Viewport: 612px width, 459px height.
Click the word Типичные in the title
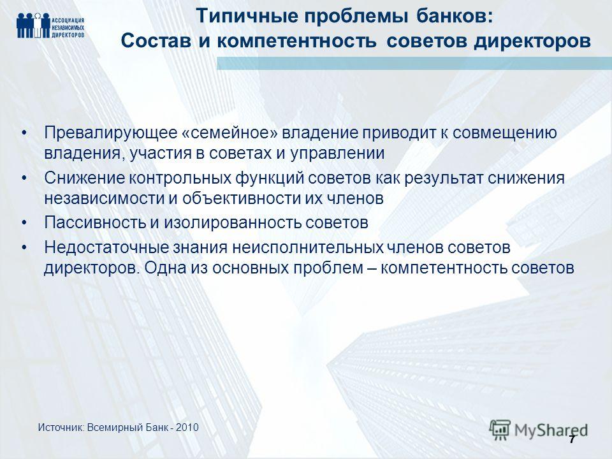point(247,17)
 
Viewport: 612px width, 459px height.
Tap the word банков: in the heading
point(455,17)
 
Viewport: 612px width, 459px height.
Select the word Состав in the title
point(156,41)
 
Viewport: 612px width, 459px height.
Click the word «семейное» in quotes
point(229,133)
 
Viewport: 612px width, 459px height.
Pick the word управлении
point(337,154)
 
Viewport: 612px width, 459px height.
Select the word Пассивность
point(94,223)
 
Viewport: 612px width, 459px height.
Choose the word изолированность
point(232,223)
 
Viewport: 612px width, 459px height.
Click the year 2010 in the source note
point(187,428)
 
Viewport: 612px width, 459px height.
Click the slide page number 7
point(572,439)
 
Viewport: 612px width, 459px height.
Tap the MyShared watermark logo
point(539,430)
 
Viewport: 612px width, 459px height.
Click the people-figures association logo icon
point(34,25)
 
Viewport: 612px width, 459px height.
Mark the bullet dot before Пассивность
point(25,223)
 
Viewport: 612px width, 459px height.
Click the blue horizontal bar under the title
point(414,63)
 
